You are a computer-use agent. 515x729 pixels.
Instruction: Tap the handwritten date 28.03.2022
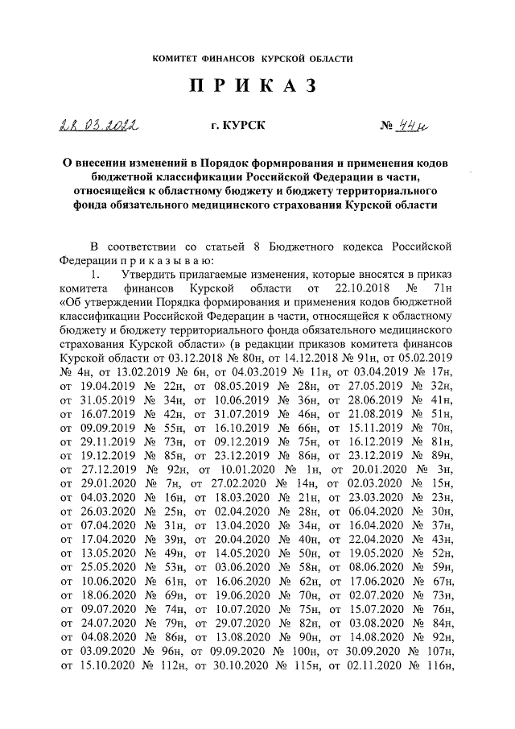[x=97, y=125]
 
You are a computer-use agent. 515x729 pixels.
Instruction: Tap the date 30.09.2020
[x=367, y=652]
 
